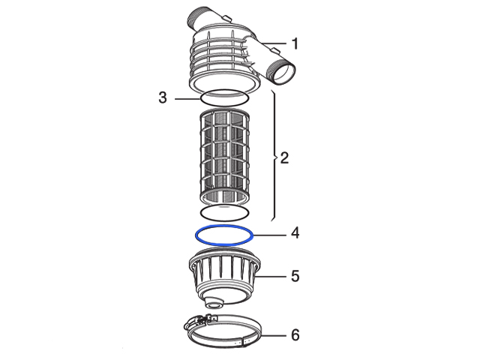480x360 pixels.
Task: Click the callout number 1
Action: (x=295, y=43)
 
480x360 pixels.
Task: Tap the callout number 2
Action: (x=284, y=158)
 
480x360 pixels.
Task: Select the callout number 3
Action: (x=163, y=97)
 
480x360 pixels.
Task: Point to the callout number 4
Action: (x=295, y=233)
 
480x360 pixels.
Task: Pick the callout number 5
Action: (x=295, y=276)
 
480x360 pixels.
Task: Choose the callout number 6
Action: (x=295, y=335)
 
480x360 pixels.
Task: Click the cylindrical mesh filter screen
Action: (x=224, y=157)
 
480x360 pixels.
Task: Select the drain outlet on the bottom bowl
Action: (x=214, y=303)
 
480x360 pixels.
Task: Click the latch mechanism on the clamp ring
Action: (x=200, y=321)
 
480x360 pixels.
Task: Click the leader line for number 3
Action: (x=187, y=99)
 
